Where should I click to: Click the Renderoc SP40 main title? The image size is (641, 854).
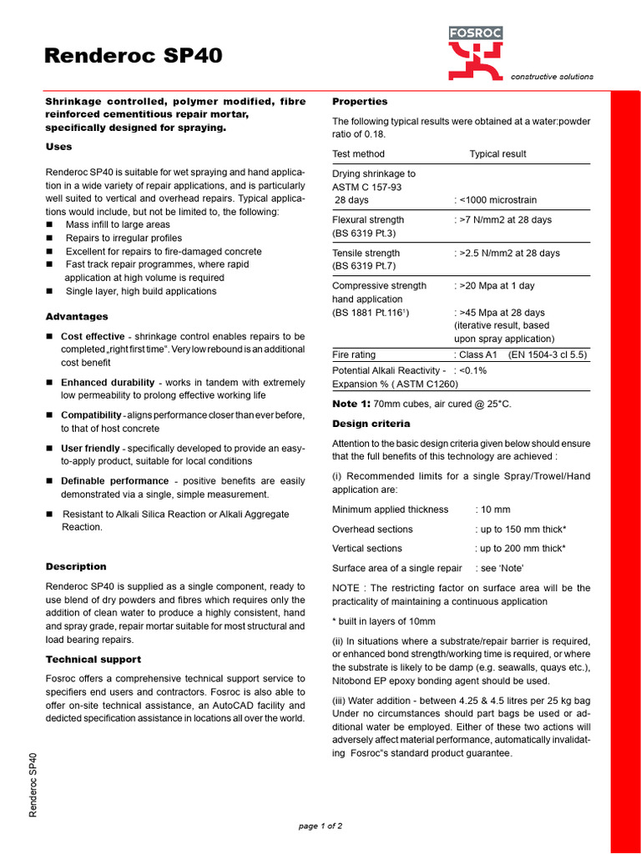(133, 56)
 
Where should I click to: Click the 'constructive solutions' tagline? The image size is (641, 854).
(552, 77)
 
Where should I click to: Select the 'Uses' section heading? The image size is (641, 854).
(58, 147)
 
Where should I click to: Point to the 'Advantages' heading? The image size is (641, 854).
(76, 317)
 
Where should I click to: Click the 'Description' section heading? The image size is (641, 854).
(76, 566)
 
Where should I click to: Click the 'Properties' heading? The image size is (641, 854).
(360, 102)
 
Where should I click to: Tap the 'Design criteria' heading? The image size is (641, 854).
(371, 424)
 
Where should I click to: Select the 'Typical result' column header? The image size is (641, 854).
(497, 154)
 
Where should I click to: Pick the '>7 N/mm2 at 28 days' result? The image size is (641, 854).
(504, 220)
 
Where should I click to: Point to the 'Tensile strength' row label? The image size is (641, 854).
(366, 253)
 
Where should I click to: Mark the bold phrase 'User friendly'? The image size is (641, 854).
(90, 449)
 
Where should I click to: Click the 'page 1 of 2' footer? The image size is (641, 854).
(320, 826)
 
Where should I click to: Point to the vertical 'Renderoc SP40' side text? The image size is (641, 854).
(33, 785)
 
